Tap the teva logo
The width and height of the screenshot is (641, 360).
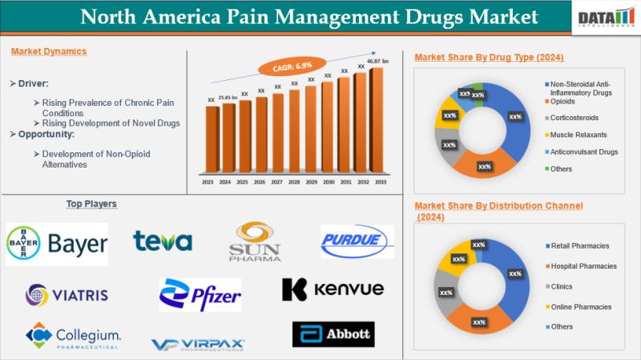coord(163,241)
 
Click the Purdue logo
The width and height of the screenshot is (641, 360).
coord(357,241)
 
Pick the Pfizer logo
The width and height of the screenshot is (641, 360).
coord(200,294)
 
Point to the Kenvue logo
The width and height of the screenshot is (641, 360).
coord(333,289)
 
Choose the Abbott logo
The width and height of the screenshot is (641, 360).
coord(333,334)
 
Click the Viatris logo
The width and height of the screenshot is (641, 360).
coord(67,294)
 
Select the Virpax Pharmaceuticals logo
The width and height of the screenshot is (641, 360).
coord(198,344)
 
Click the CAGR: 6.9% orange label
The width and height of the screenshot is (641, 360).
coord(292,63)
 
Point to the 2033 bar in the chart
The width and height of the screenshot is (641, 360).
coord(377,120)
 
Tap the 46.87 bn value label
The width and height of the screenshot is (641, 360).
coord(377,61)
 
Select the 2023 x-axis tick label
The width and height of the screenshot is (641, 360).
coord(208,183)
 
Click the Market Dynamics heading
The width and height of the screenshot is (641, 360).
coord(49,51)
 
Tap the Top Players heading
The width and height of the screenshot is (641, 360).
coord(91,204)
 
